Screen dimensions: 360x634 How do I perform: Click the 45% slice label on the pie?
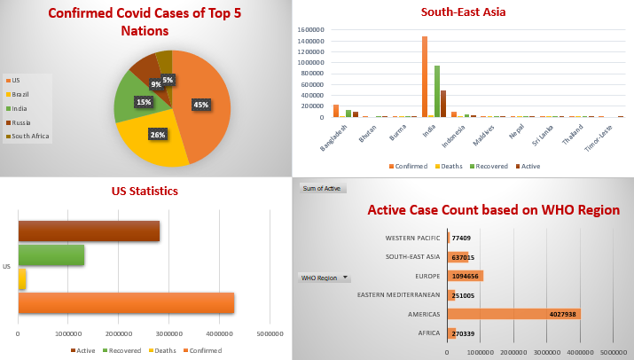pyautogui.click(x=201, y=104)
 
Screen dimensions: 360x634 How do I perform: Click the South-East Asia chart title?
pyautogui.click(x=463, y=12)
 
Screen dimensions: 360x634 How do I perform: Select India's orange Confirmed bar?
pyautogui.click(x=425, y=77)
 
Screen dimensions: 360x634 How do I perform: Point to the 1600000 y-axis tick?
pyautogui.click(x=313, y=29)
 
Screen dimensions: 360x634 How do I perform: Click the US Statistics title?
pyautogui.click(x=145, y=191)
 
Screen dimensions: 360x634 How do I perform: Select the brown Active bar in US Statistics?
pyautogui.click(x=89, y=231)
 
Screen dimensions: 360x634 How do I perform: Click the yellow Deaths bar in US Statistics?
pyautogui.click(x=22, y=279)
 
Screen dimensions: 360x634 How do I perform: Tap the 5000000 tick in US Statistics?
pyautogui.click(x=270, y=334)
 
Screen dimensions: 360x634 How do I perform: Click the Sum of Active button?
pyautogui.click(x=323, y=188)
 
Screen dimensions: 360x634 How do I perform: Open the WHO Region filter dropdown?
pyautogui.click(x=344, y=278)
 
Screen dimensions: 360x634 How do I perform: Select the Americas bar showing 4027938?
pyautogui.click(x=514, y=313)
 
